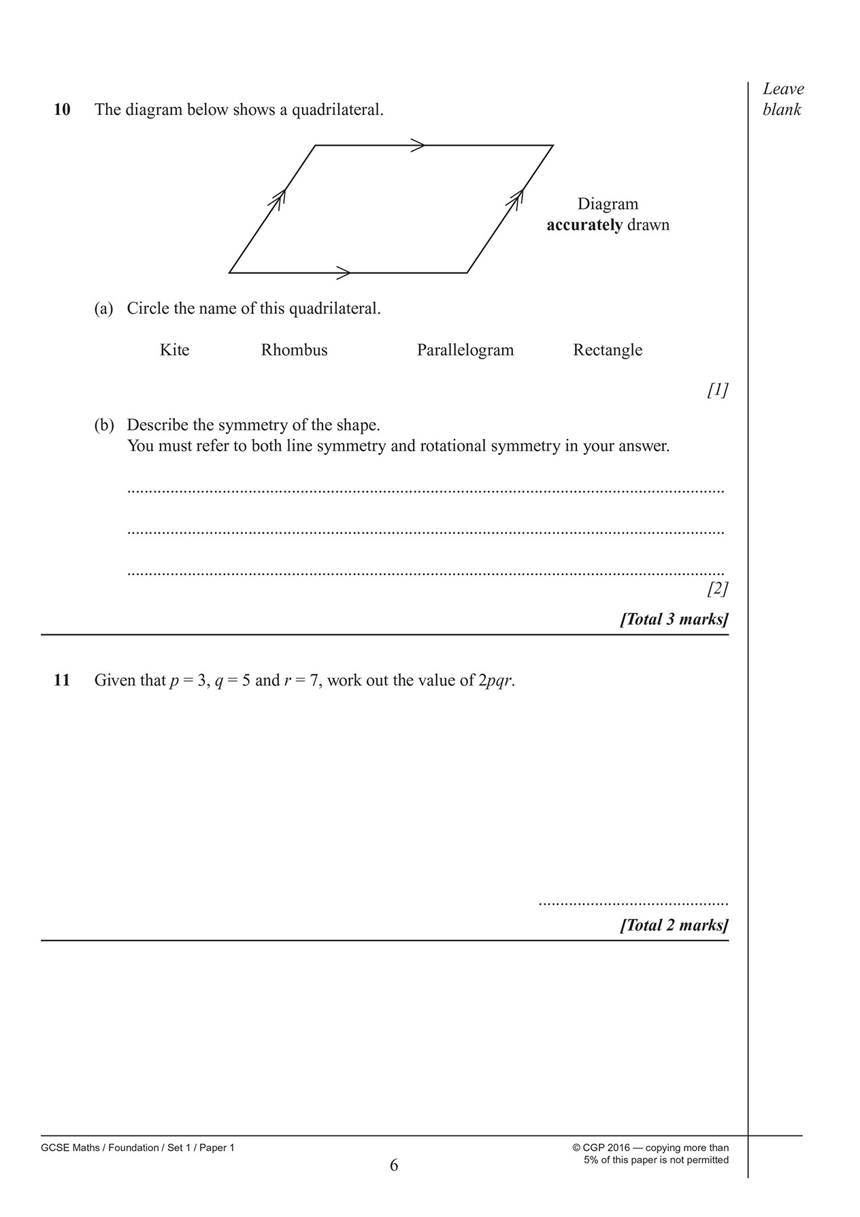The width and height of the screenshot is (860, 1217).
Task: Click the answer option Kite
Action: click(x=174, y=350)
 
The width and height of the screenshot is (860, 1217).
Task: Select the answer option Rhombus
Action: click(x=294, y=350)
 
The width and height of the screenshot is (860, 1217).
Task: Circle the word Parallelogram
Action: click(x=465, y=350)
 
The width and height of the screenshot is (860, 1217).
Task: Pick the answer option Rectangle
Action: click(x=608, y=350)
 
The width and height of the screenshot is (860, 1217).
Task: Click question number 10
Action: click(x=62, y=110)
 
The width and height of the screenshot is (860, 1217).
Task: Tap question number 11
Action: click(x=62, y=680)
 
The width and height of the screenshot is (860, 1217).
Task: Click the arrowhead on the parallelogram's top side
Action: click(x=418, y=145)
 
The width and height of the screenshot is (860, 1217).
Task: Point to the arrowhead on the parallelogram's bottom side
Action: click(x=344, y=273)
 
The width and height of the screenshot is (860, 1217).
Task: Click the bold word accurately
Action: click(x=584, y=225)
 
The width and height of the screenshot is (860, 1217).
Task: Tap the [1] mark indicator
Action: click(x=717, y=390)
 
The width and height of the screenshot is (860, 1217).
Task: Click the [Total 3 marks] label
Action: click(x=674, y=619)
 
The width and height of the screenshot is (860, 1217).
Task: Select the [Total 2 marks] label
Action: click(x=674, y=925)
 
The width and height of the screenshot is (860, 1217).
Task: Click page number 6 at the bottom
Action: click(x=394, y=1166)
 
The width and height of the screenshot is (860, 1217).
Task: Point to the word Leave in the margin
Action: click(x=783, y=88)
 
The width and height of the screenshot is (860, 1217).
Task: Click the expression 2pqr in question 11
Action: click(x=495, y=681)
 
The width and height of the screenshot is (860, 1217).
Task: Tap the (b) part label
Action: click(x=104, y=425)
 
